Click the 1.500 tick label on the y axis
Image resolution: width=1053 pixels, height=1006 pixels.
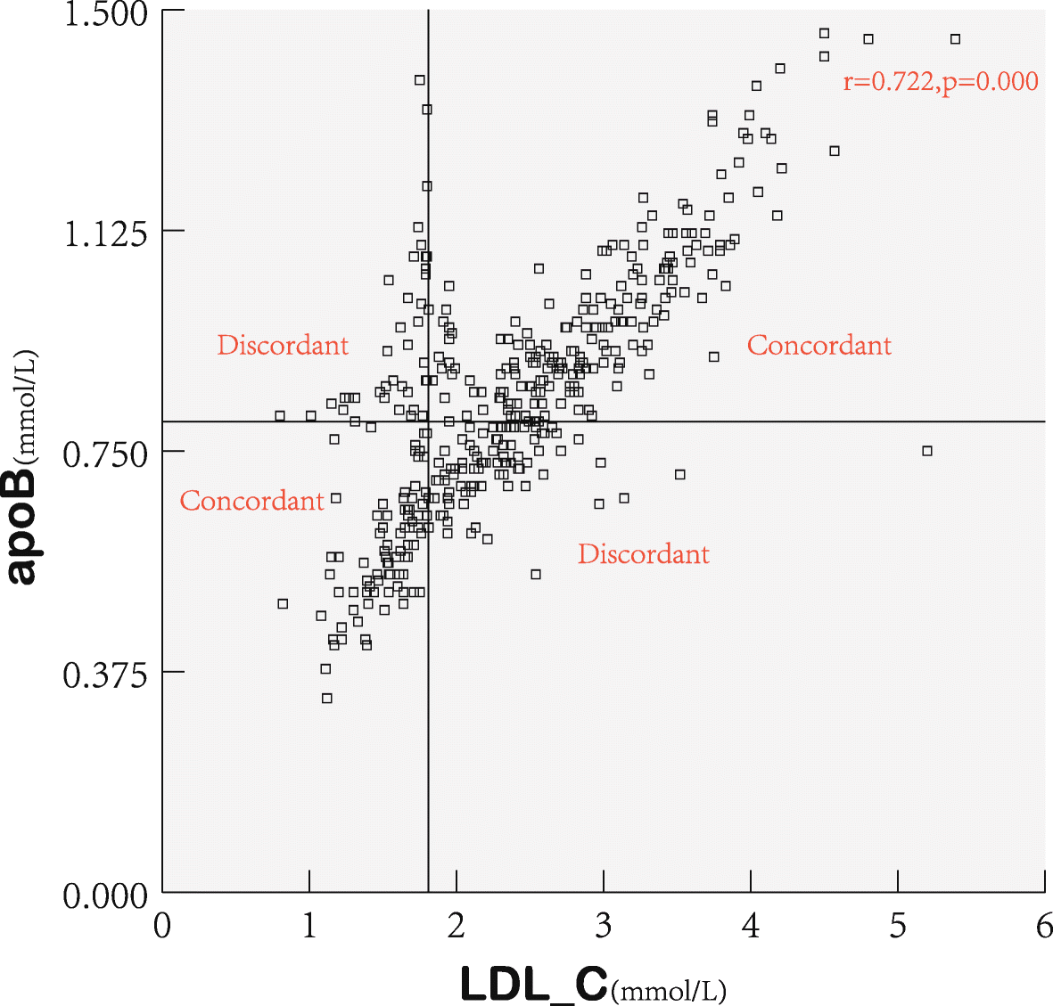tap(105, 14)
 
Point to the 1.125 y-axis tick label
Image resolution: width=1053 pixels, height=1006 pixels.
tap(105, 234)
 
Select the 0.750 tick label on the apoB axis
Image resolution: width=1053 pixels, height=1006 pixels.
tap(105, 454)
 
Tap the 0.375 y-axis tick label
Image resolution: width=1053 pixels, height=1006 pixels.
tap(105, 675)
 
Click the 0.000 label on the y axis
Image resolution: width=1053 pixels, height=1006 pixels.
tap(105, 896)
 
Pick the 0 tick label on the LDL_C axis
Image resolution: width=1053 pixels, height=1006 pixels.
tap(162, 927)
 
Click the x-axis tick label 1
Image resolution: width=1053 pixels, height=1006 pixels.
tap(309, 927)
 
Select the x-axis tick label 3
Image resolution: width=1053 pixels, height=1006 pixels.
tap(604, 927)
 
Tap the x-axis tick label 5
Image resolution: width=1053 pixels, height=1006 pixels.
tap(898, 927)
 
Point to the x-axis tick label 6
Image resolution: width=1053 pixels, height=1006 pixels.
tap(1044, 927)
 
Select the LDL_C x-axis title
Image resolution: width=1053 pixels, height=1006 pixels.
tap(593, 984)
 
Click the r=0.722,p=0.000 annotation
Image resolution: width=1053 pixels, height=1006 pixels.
tap(941, 82)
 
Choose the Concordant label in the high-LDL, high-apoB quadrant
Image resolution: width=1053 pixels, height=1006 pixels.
tap(819, 346)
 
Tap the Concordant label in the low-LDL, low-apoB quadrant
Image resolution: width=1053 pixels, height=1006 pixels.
tap(251, 501)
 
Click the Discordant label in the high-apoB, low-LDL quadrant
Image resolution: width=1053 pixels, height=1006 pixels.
tap(283, 346)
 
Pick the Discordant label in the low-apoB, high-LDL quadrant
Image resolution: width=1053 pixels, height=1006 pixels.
tap(643, 554)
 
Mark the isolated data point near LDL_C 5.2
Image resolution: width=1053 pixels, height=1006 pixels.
tap(927, 451)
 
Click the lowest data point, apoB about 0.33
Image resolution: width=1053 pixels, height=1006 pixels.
tap(327, 699)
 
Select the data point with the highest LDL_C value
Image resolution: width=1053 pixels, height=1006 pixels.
tap(955, 39)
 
